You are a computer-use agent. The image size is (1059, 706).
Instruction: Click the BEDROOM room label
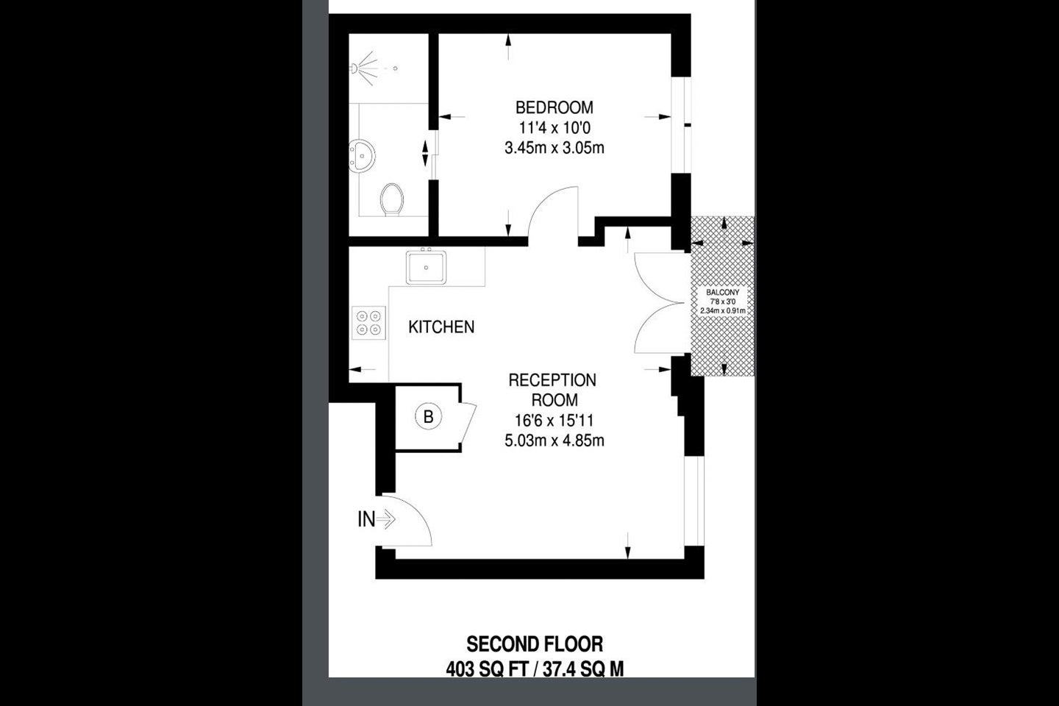tap(554, 108)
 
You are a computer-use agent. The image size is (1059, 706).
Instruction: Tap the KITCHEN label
tap(441, 327)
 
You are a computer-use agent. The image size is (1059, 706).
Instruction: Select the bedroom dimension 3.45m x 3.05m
tap(554, 149)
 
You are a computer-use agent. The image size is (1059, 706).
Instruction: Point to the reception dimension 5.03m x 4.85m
tap(554, 441)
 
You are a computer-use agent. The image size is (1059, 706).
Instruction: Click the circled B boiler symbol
tap(428, 416)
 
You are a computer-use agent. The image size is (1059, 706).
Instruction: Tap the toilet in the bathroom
tap(392, 199)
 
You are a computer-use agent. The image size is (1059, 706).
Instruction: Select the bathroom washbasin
tap(362, 155)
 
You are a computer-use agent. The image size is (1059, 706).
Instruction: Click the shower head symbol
tap(364, 68)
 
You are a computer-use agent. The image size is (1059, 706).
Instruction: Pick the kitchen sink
tap(426, 268)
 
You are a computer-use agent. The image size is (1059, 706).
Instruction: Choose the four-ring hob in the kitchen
tap(368, 323)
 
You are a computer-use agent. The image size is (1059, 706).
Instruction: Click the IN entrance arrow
tap(386, 520)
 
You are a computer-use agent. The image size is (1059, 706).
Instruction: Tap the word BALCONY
tap(722, 293)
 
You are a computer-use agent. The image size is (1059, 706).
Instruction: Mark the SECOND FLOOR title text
tap(535, 644)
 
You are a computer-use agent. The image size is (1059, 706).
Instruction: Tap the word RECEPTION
tap(552, 380)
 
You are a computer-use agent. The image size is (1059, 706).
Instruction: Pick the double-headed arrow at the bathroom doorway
tap(425, 153)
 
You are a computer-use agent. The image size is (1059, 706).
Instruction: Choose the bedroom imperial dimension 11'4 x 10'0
tap(554, 128)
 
